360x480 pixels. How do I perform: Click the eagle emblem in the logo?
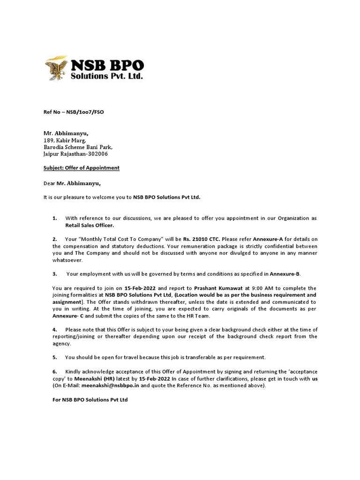[56, 68]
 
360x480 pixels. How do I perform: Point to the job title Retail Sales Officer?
[89, 225]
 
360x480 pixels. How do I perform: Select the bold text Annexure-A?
[268, 239]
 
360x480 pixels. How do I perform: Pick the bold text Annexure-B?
[284, 274]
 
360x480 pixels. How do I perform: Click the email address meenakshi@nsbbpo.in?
[110, 385]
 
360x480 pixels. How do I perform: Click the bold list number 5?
[55, 357]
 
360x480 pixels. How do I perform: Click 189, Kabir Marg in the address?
[65, 140]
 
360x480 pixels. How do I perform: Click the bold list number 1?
[55, 218]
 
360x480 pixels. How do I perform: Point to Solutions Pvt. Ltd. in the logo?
[106, 75]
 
